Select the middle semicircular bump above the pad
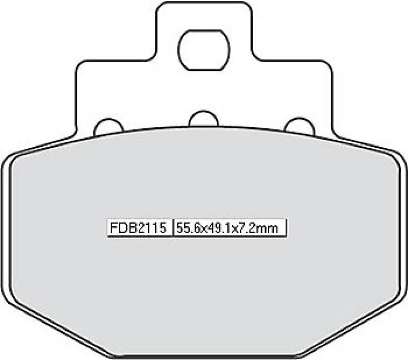204,120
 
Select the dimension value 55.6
188,227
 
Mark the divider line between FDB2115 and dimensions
173,227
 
